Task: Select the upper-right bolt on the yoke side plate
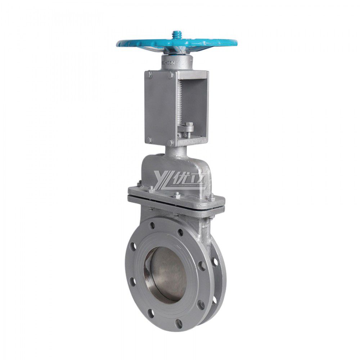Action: click(x=170, y=75)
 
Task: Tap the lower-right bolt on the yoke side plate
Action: click(x=170, y=143)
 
